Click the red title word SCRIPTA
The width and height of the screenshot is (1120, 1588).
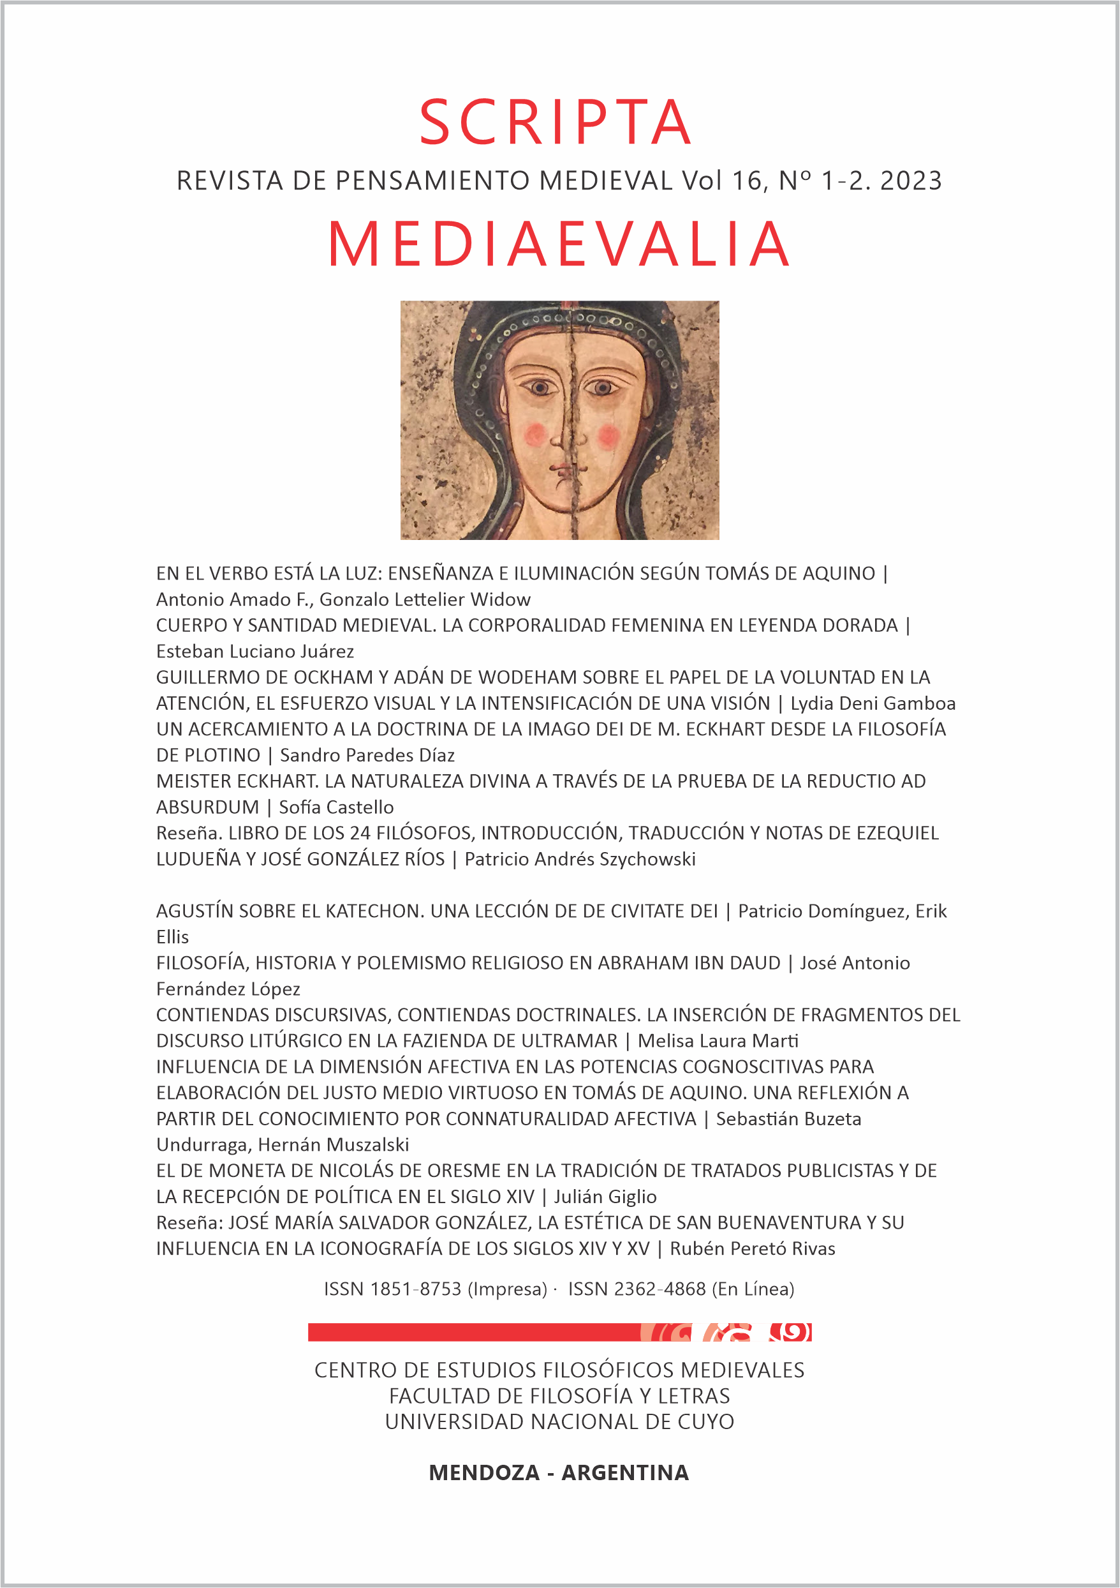556,123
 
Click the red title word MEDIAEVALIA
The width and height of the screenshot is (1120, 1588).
559,244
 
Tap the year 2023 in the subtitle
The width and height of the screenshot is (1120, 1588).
911,181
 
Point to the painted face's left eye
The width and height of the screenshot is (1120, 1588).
538,387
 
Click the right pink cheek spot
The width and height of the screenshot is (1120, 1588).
608,436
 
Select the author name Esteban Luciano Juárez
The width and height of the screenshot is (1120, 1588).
255,652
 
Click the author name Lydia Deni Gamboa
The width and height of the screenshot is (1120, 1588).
873,703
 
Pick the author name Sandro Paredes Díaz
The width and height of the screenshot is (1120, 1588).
367,755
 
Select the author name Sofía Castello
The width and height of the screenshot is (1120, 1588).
337,807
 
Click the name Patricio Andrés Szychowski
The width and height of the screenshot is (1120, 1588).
580,859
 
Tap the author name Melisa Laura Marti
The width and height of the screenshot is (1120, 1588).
718,1041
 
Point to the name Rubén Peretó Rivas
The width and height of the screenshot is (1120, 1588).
752,1248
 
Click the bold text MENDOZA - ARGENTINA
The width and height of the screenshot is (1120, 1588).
559,1472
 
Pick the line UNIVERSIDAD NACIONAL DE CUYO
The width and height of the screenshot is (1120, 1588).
559,1422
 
